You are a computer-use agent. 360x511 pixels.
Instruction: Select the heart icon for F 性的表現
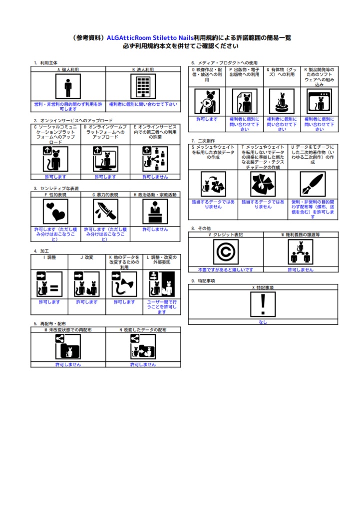point(55,212)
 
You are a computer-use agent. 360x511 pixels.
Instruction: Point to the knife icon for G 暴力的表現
point(105,212)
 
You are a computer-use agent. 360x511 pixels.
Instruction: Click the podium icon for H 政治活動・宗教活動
point(155,212)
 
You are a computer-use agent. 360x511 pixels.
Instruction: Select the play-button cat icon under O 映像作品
point(207,102)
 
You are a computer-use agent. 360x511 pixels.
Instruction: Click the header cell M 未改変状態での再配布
point(68,330)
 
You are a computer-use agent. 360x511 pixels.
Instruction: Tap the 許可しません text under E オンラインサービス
point(155,177)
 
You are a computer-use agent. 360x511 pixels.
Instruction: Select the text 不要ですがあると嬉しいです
point(226,269)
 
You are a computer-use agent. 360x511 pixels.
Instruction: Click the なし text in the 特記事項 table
point(263,322)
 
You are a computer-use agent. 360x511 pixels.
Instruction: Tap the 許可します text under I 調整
point(49,302)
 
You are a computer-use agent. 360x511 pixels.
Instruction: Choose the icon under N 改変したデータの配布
point(143,346)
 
